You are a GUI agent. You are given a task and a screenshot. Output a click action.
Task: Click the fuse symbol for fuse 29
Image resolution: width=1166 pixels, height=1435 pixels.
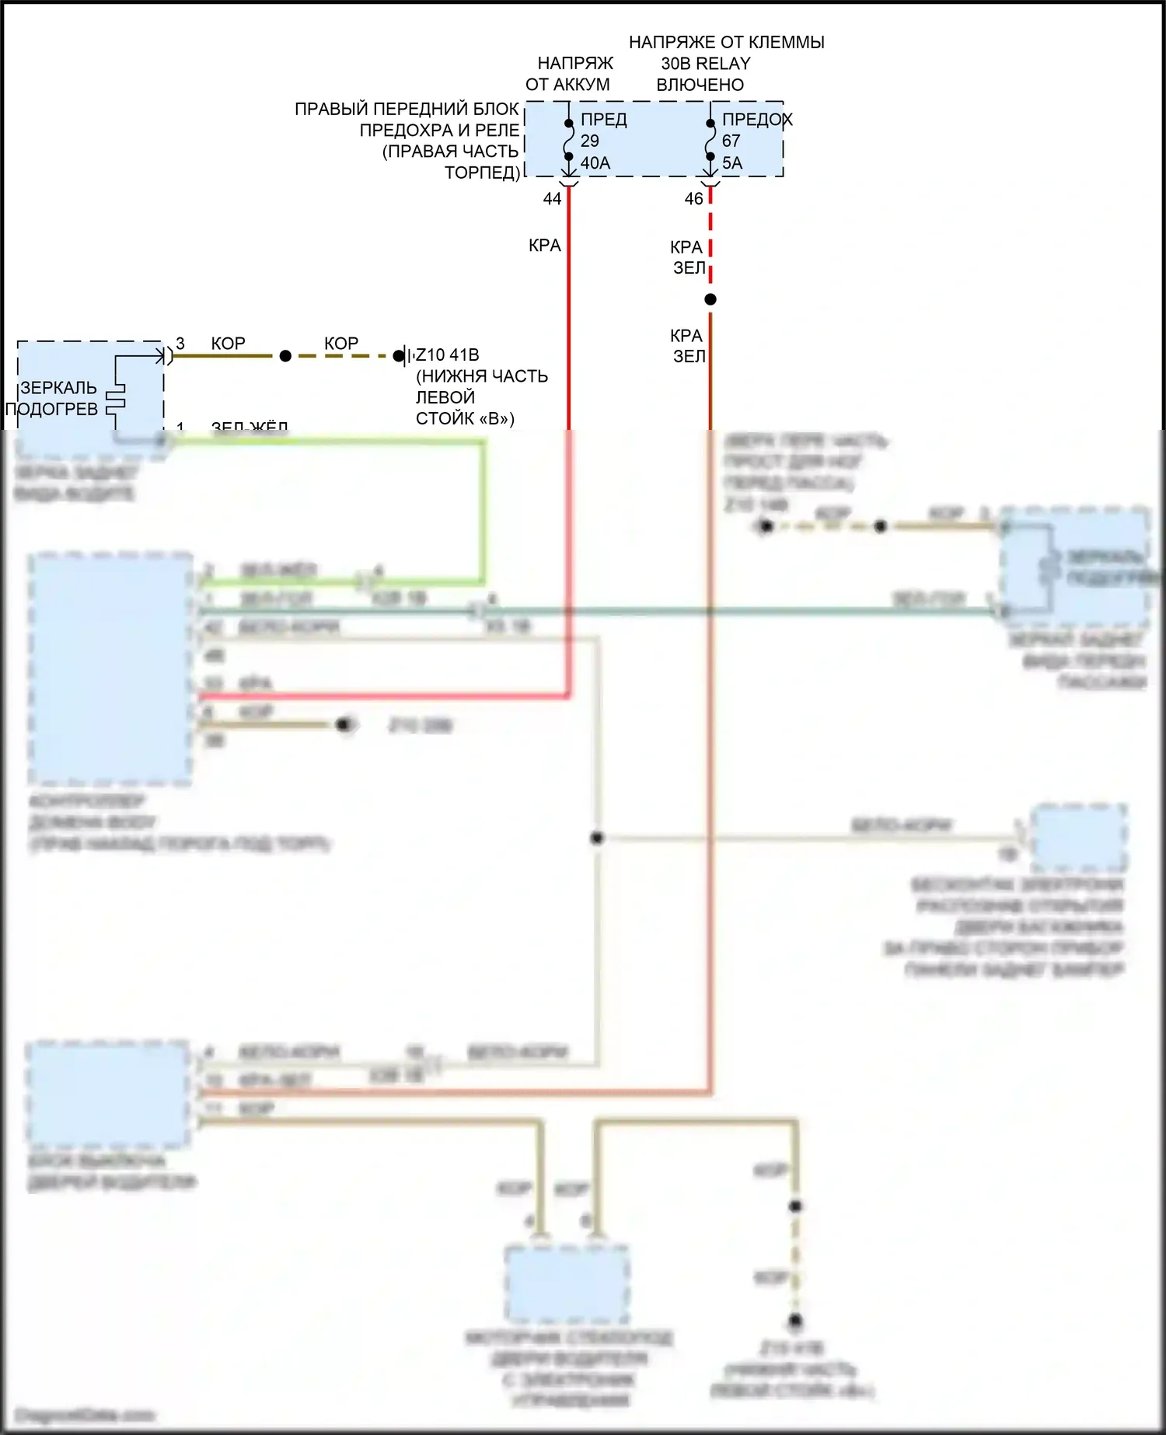569,140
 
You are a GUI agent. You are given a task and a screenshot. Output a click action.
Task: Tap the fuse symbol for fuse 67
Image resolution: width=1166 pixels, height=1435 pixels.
710,140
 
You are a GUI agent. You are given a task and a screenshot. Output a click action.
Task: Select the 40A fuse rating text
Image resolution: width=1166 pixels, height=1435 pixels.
595,163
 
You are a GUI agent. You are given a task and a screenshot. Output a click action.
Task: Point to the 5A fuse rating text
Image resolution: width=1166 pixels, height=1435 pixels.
732,163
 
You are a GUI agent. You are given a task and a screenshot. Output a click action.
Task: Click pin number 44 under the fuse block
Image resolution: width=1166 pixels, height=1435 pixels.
552,199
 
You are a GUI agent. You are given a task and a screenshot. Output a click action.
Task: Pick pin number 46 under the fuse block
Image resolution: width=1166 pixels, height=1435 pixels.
693,199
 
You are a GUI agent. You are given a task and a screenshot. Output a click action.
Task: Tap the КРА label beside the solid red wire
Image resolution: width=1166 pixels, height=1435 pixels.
544,246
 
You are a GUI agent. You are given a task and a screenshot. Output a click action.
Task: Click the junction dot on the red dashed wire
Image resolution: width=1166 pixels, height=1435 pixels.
710,299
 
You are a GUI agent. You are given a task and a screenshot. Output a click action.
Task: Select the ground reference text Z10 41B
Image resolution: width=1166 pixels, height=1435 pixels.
448,355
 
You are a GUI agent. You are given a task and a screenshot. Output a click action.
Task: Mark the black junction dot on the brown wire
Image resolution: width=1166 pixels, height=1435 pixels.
285,356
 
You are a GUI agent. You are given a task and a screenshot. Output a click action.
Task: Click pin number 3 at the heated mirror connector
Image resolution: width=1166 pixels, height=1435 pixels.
180,344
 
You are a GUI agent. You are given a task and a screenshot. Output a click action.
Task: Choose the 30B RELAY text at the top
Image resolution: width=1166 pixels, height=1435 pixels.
706,64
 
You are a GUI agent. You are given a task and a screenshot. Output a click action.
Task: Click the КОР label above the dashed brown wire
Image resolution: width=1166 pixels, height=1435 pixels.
341,344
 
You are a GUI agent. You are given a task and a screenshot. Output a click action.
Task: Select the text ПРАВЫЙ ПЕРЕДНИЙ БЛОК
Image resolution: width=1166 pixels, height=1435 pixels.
407,110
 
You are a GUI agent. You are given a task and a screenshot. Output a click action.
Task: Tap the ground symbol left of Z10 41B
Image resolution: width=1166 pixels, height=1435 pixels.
403,356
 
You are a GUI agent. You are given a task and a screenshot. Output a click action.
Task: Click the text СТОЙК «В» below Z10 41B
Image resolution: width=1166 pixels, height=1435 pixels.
465,419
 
